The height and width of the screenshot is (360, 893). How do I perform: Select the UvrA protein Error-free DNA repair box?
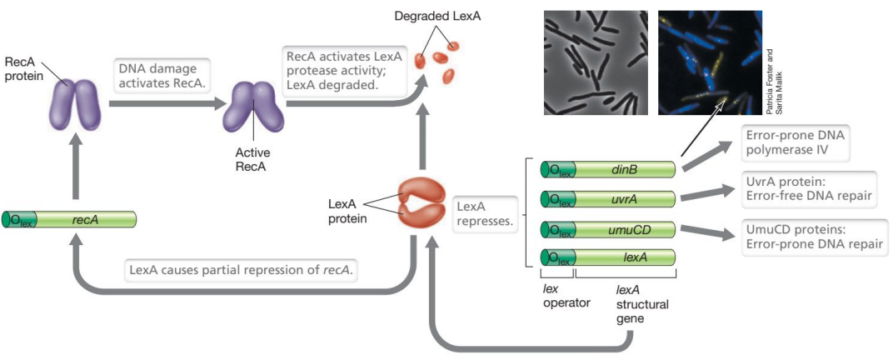(799, 188)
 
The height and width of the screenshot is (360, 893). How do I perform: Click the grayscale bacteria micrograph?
(594, 62)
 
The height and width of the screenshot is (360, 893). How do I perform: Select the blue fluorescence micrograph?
(709, 62)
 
